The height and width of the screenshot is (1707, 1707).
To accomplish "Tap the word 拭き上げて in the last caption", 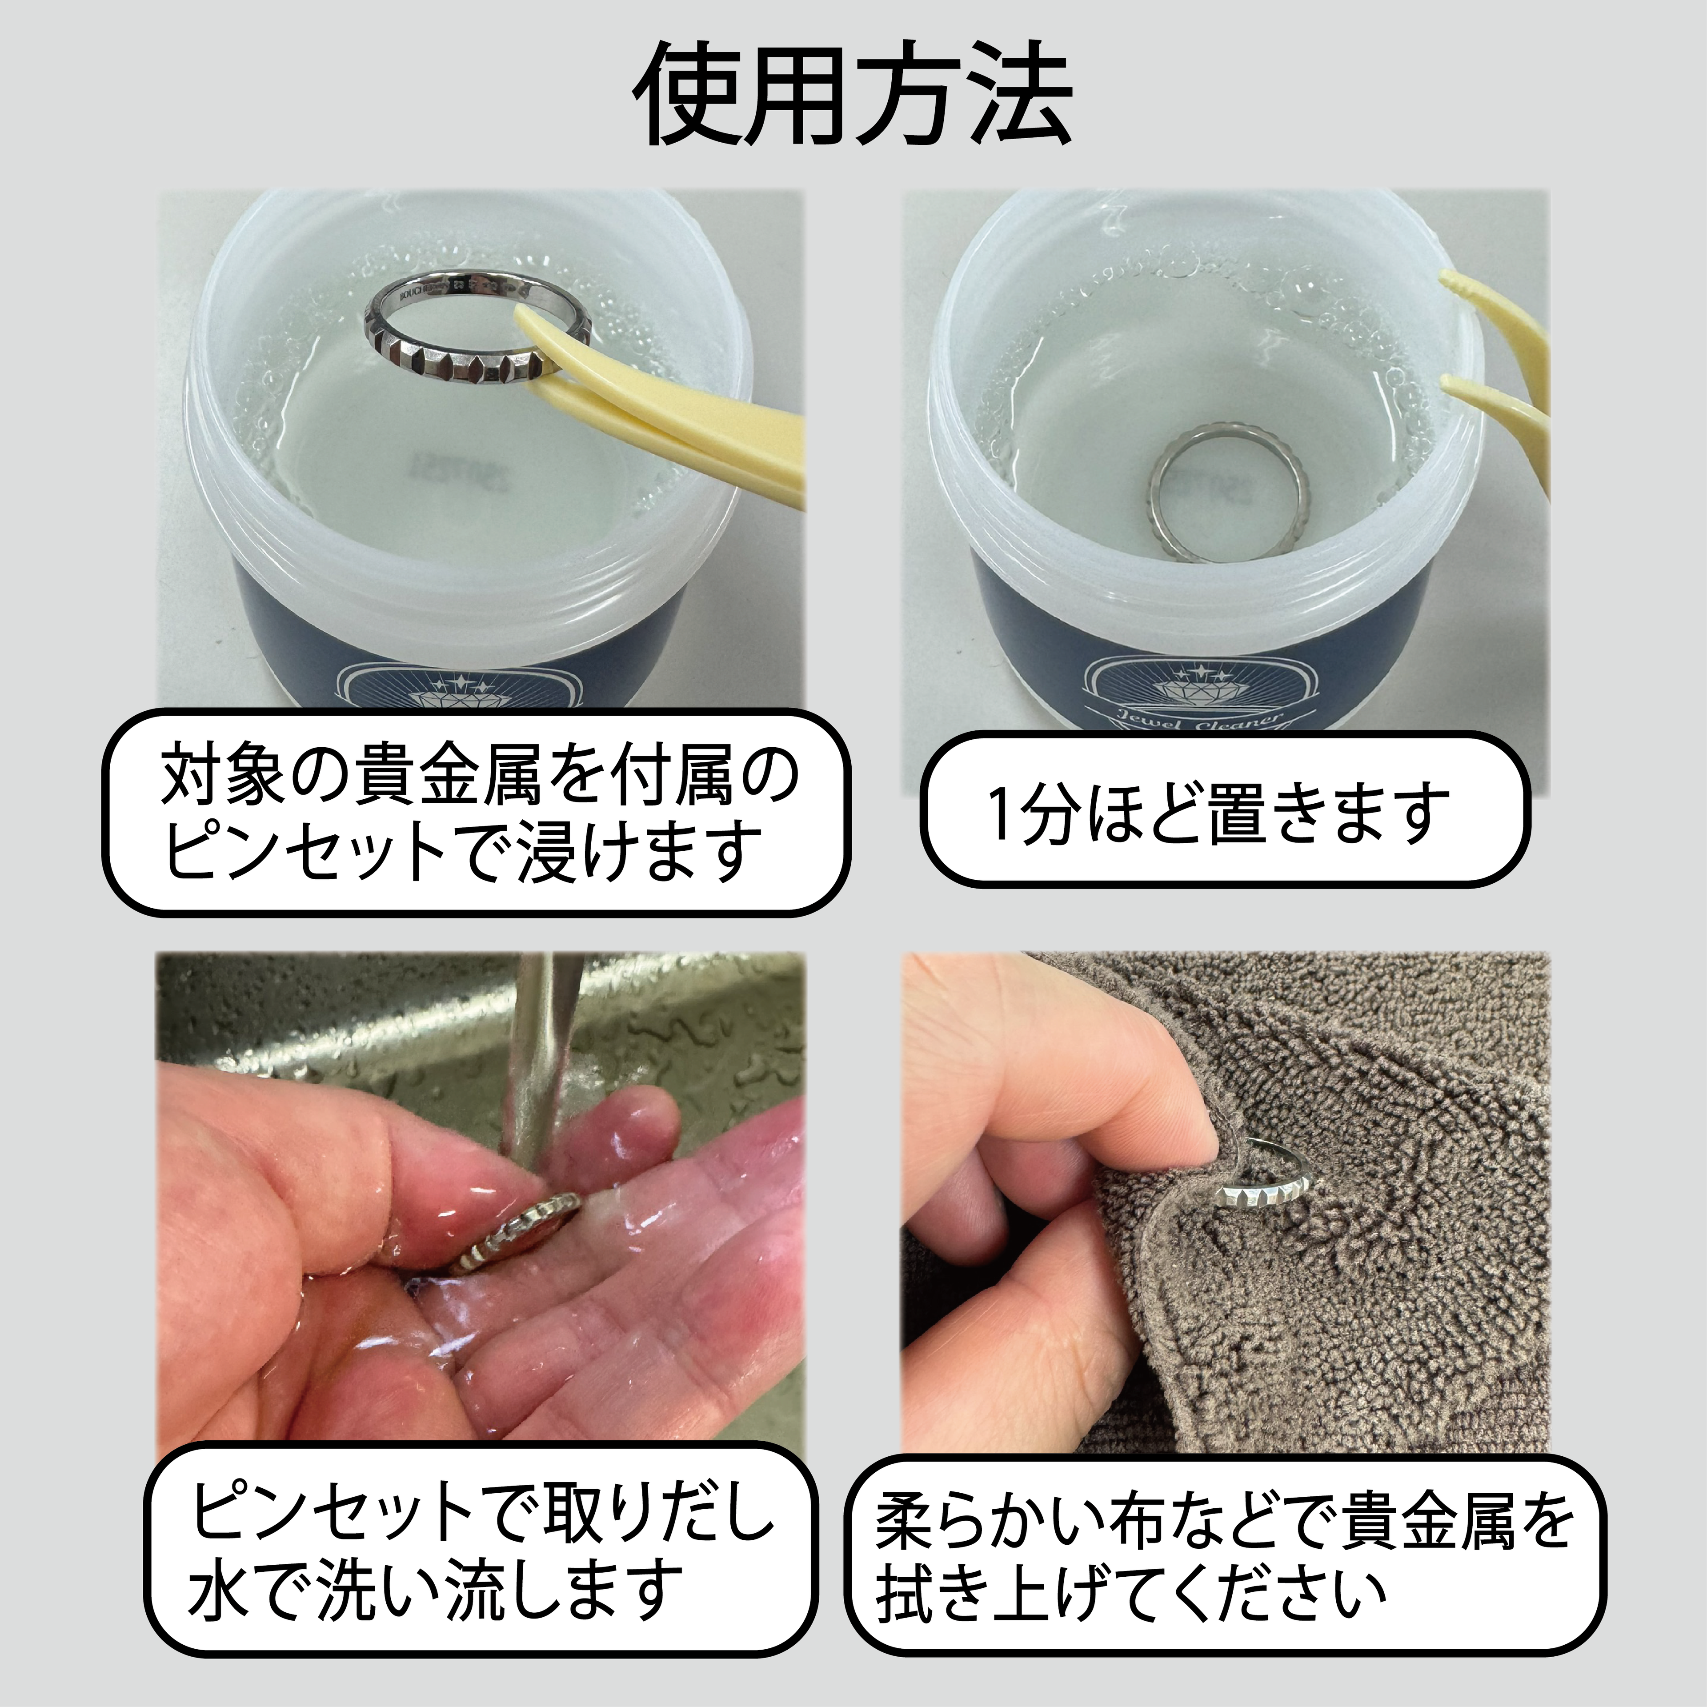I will click(x=1007, y=1593).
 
